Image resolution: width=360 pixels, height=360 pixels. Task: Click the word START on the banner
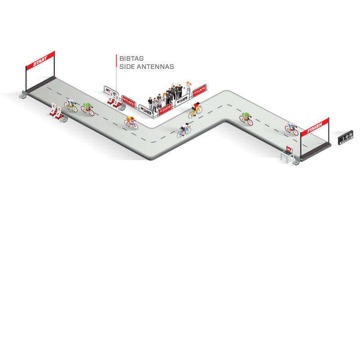(40, 61)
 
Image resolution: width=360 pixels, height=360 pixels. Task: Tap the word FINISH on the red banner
(315, 127)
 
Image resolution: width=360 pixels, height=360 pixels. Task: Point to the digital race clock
(346, 138)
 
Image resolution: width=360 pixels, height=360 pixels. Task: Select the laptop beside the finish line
(288, 149)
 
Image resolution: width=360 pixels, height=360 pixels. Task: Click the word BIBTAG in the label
(131, 58)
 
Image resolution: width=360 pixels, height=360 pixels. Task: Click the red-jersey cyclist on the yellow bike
(195, 109)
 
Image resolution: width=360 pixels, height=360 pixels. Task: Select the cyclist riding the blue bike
(184, 130)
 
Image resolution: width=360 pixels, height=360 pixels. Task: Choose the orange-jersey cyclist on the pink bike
(131, 122)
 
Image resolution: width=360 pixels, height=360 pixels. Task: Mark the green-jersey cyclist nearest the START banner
(88, 108)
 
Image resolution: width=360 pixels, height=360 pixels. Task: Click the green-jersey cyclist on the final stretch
(246, 118)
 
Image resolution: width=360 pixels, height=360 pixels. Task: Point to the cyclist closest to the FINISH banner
(292, 128)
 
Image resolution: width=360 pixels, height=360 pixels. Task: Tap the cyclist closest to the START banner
(71, 105)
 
